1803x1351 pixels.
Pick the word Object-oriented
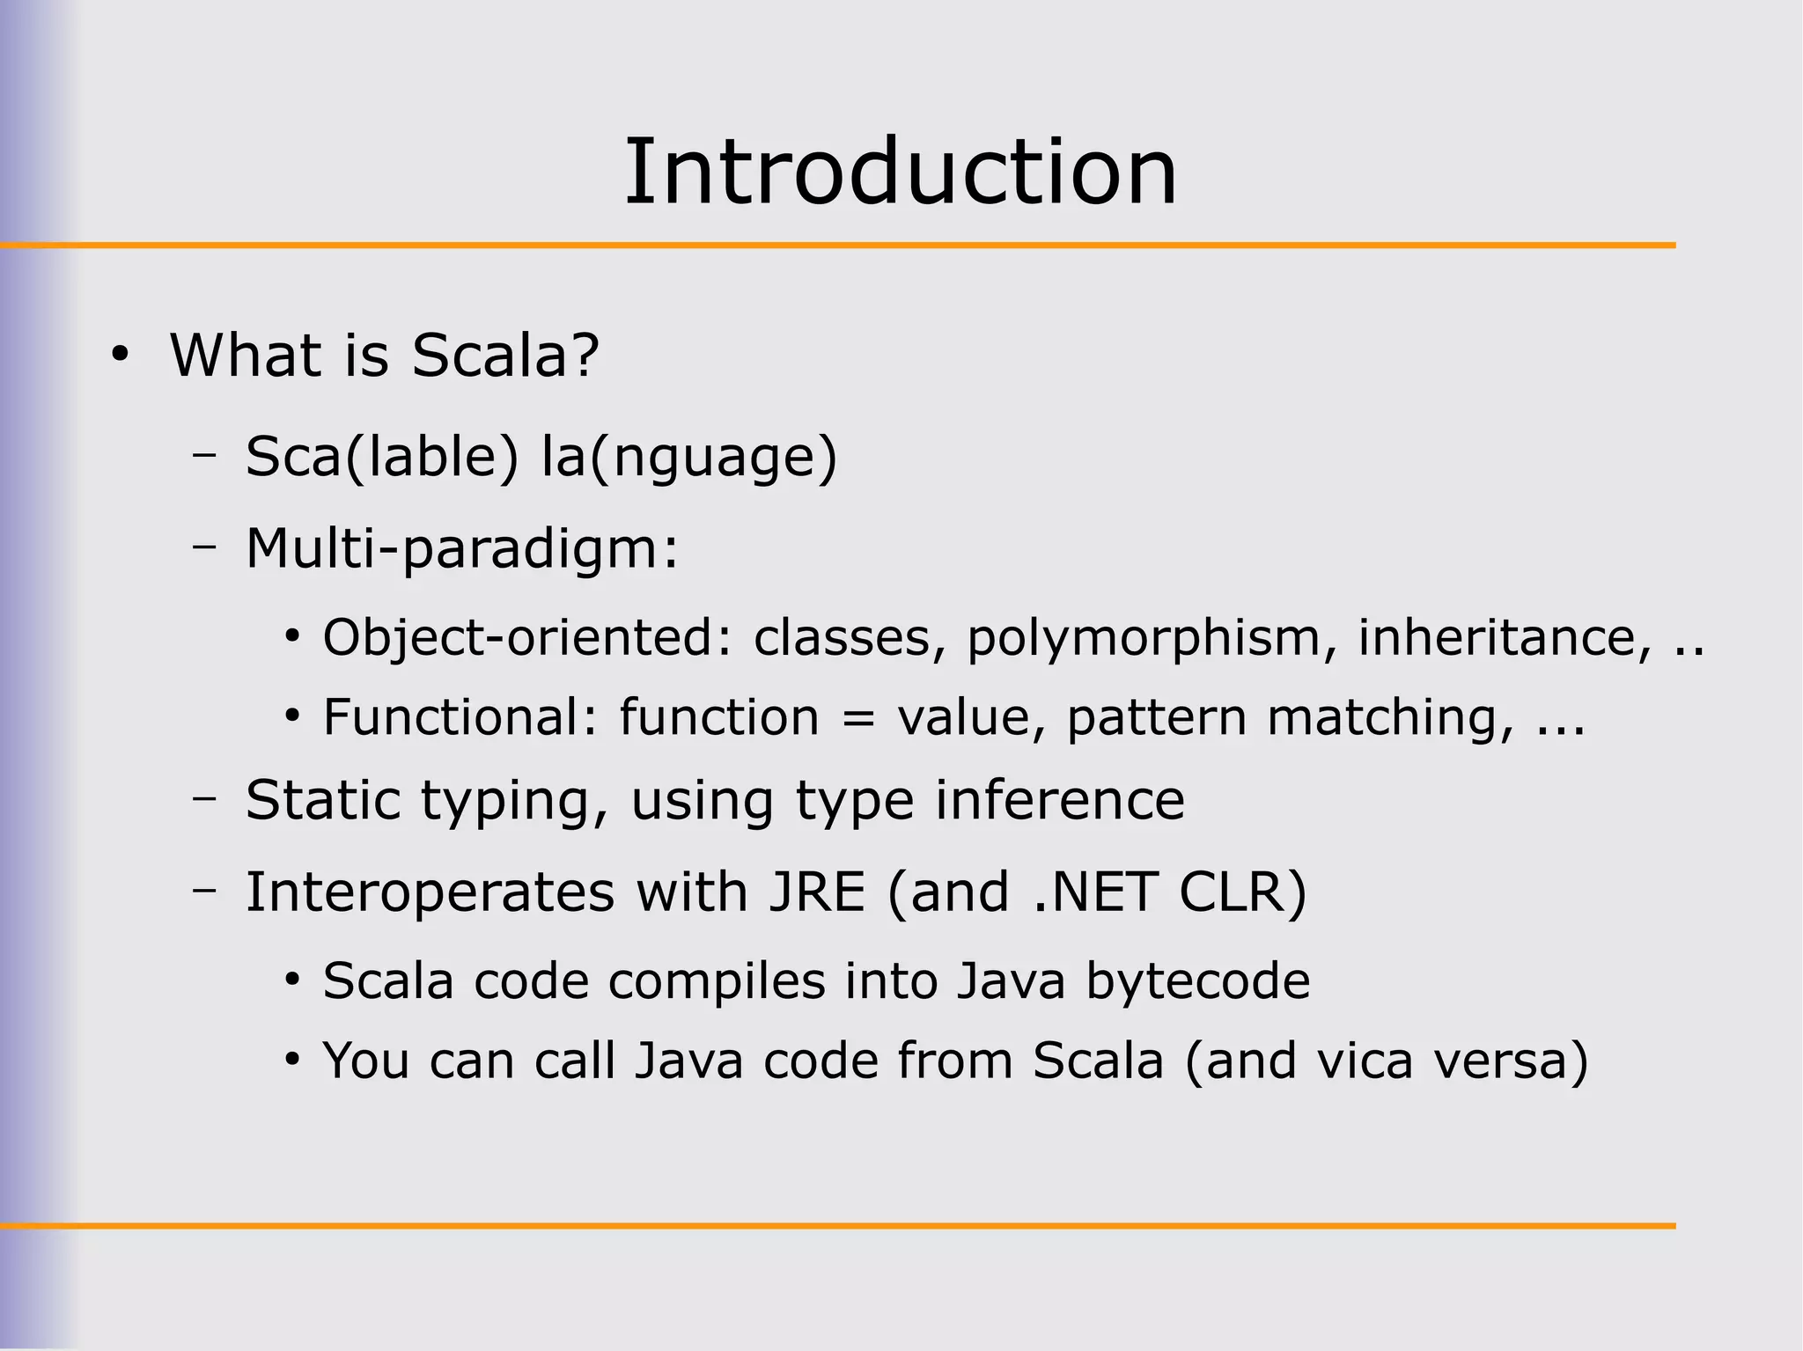click(519, 637)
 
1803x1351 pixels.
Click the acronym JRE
click(817, 892)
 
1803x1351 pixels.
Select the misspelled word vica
click(1365, 1061)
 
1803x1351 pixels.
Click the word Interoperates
click(430, 892)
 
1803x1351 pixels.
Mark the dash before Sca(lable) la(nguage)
click(204, 455)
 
